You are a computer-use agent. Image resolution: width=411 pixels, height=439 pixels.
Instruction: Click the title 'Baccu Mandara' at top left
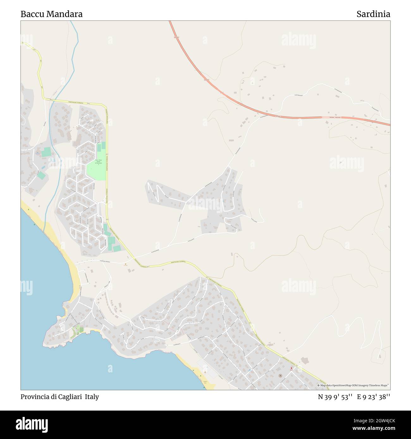[52, 14]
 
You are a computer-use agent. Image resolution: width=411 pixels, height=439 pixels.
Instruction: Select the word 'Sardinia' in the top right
[373, 14]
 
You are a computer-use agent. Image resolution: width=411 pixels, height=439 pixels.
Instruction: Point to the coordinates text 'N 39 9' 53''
[335, 397]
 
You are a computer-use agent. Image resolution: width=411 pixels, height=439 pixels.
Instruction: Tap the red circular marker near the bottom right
[291, 368]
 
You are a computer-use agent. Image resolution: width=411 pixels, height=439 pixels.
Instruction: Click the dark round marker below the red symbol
[280, 376]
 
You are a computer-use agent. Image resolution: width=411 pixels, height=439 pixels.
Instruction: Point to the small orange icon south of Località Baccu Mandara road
[126, 265]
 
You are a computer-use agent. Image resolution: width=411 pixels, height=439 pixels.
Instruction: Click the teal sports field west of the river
[46, 152]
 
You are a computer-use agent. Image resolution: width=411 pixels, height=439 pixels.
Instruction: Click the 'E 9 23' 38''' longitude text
[373, 397]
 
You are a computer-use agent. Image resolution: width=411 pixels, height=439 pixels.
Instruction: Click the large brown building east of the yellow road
[305, 360]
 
